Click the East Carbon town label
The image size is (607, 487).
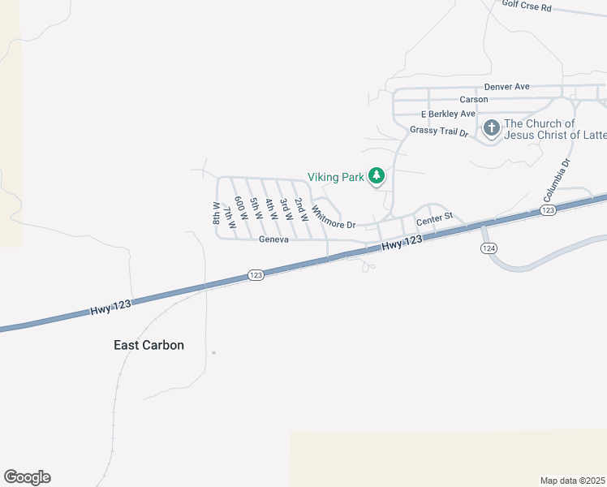point(149,345)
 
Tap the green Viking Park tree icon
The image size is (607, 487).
point(377,175)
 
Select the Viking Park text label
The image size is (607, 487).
point(335,176)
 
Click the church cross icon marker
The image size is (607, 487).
point(492,128)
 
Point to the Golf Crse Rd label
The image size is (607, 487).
point(527,6)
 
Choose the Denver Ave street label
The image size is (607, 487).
point(506,87)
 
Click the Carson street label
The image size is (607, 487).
point(474,100)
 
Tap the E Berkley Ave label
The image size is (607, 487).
point(447,114)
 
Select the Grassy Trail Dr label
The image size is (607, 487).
point(439,131)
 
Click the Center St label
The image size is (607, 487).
point(433,221)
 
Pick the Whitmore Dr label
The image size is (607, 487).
point(334,218)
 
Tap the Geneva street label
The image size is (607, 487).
point(274,240)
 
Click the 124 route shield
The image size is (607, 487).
point(488,248)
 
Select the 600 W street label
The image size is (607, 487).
point(239,209)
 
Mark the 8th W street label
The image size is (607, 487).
point(217,213)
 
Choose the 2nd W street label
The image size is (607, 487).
point(300,209)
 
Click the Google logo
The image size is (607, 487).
point(27,477)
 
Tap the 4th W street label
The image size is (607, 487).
point(271,210)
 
